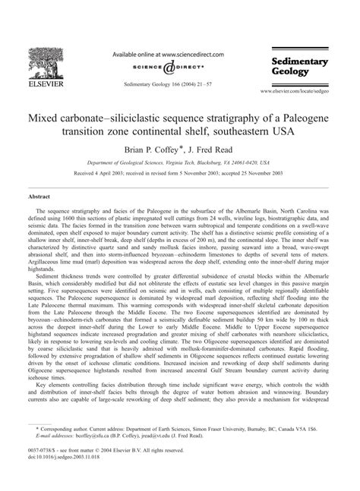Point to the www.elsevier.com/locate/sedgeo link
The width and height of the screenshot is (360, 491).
302,90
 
